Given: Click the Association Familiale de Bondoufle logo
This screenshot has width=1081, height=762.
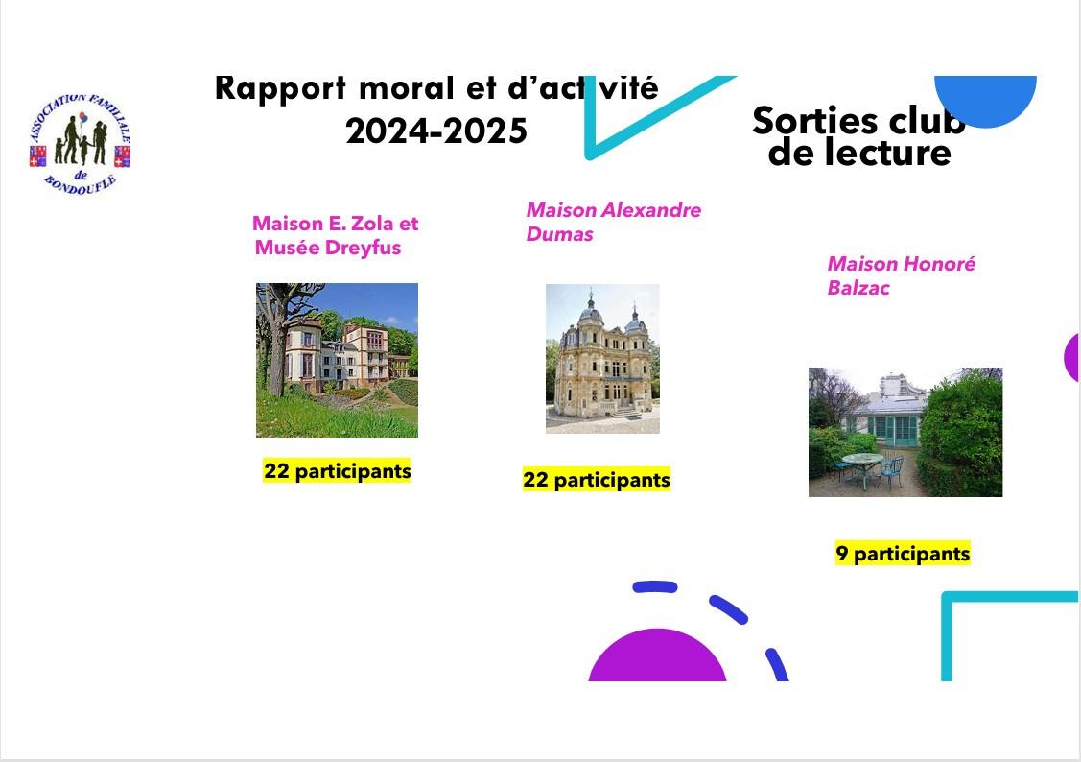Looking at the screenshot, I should coord(80,142).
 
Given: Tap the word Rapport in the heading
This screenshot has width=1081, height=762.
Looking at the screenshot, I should coord(281,87).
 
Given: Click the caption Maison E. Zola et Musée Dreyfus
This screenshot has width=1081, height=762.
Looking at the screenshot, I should coord(335,235).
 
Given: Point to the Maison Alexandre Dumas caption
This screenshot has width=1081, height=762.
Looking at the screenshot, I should coord(613,222).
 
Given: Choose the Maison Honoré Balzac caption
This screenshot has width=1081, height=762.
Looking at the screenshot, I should coord(901,275).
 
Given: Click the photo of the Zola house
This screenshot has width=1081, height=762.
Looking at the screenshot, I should coord(337,360).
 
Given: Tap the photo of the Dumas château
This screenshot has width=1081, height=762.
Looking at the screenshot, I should coord(602,358).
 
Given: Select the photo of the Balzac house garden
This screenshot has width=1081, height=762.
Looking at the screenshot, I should coord(905,432).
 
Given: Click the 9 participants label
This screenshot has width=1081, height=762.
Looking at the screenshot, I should coord(903,554).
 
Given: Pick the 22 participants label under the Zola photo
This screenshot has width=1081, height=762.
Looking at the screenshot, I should coord(337,471).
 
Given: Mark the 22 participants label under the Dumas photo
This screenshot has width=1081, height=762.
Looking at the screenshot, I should coord(596,479).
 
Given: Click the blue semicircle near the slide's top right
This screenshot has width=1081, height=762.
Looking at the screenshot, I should coord(986,100).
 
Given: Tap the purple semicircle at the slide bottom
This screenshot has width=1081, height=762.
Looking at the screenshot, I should coord(657,658).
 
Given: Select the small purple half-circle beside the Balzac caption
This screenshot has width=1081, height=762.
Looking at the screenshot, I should coord(1072,357).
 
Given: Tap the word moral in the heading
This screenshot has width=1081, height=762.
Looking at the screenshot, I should coord(405,87).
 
